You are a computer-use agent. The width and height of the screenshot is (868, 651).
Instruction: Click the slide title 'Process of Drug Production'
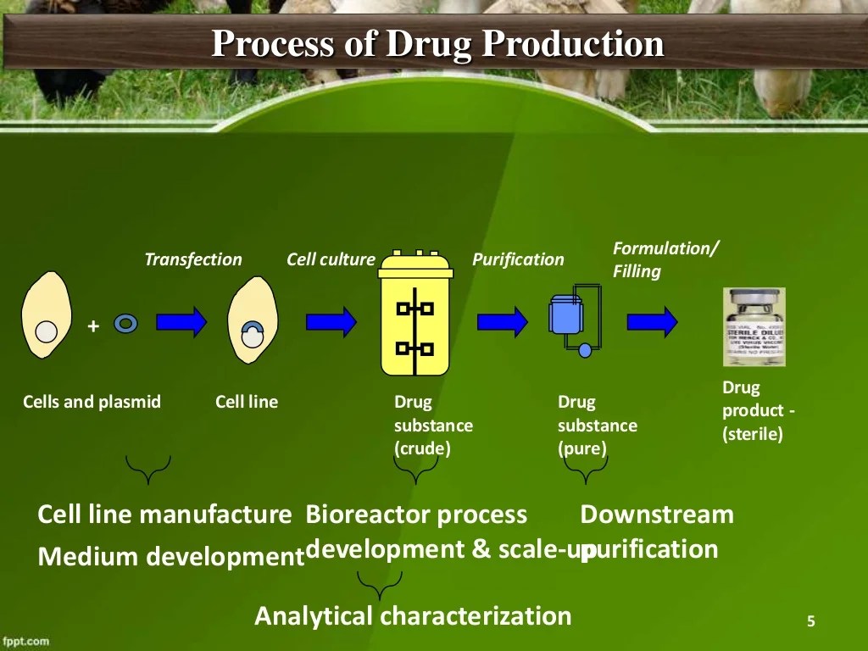click(437, 44)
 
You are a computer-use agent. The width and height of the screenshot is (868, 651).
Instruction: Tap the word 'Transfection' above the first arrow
click(193, 259)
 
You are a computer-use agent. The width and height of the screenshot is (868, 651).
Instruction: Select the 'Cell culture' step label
click(331, 259)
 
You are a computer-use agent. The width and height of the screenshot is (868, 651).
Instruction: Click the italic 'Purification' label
click(518, 259)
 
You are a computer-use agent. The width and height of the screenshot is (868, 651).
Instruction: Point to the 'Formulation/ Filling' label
click(665, 259)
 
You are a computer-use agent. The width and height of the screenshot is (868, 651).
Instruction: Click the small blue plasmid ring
click(125, 323)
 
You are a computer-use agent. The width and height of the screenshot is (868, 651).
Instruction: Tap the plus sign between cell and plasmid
click(93, 326)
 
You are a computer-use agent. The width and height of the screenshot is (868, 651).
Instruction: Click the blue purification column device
click(566, 318)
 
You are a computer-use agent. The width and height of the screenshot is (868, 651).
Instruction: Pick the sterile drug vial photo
click(754, 326)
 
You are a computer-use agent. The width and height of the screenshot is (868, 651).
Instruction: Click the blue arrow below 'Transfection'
click(181, 322)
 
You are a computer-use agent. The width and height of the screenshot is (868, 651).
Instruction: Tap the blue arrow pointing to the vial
click(652, 321)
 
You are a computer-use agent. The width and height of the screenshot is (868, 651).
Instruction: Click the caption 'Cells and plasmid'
click(92, 402)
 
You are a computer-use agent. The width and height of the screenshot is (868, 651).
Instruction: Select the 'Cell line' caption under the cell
click(247, 402)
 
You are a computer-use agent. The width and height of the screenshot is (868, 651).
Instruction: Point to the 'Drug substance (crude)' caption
click(433, 425)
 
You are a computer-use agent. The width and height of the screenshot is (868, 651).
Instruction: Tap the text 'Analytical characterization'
click(413, 615)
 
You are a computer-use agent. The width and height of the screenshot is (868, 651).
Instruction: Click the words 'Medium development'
click(170, 557)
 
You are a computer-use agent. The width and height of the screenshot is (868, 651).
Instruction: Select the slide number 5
click(810, 622)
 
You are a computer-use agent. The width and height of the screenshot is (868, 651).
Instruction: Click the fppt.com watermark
click(25, 641)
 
